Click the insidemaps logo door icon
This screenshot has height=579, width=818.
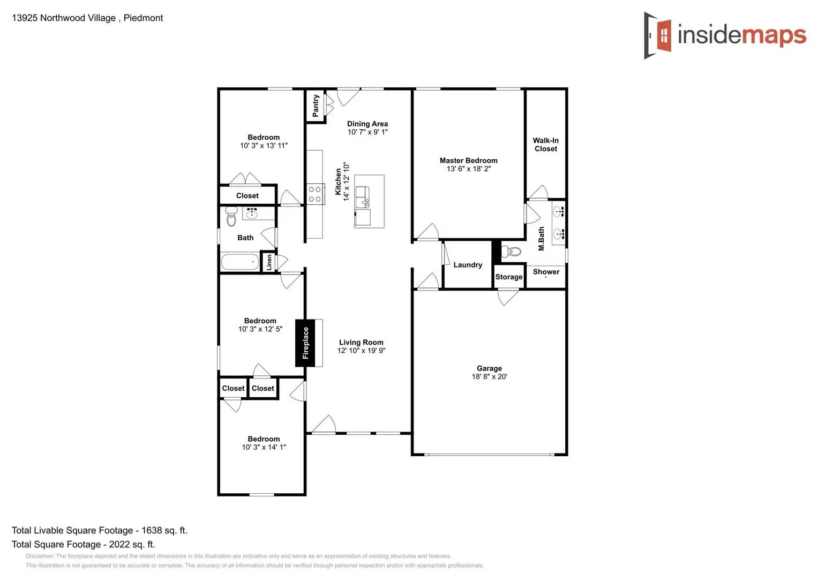(x=658, y=35)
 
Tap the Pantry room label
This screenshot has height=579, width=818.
(x=316, y=106)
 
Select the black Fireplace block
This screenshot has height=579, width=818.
(x=305, y=343)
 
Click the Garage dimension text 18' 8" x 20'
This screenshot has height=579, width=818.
(x=489, y=377)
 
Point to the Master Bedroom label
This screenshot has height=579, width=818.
(x=468, y=160)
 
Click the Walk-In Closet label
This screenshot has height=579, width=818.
(x=545, y=145)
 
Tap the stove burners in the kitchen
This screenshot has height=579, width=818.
(x=314, y=194)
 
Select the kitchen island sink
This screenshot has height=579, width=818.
(x=363, y=196)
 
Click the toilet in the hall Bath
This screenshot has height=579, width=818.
(x=231, y=217)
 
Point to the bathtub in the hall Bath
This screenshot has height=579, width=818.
(x=239, y=262)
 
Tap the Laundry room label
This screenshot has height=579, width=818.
(x=468, y=265)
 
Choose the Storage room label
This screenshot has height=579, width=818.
(x=508, y=277)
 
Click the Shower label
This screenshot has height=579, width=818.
(x=546, y=272)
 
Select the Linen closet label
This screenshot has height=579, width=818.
(x=269, y=262)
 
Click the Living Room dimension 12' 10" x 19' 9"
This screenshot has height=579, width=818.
(x=361, y=351)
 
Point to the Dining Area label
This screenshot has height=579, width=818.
(x=367, y=124)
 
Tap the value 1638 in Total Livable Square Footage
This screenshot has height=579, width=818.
(x=152, y=530)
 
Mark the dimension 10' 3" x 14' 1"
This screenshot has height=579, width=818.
(x=264, y=447)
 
